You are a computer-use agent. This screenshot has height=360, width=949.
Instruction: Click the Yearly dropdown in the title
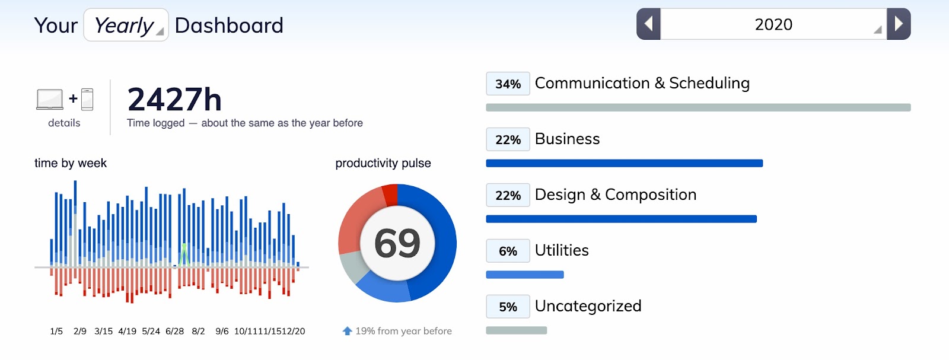[x=126, y=26]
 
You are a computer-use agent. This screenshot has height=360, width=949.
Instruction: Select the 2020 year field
[x=773, y=24]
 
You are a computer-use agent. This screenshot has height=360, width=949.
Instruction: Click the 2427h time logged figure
[x=174, y=99]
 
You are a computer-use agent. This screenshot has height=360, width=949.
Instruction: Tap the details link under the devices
[x=64, y=123]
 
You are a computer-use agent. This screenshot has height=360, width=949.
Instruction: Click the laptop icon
[x=50, y=99]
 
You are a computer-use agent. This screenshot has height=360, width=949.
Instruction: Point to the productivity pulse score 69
[x=397, y=243]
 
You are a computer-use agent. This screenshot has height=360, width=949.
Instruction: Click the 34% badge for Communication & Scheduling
[x=508, y=84]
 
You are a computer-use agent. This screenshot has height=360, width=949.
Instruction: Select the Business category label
[x=567, y=139]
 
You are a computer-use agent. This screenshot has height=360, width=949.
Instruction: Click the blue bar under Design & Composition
[x=621, y=219]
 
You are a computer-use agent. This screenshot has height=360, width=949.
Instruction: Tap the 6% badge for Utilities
[x=508, y=251]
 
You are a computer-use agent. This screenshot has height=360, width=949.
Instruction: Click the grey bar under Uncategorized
[x=516, y=330]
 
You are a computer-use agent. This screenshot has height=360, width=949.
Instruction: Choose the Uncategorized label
[x=588, y=306]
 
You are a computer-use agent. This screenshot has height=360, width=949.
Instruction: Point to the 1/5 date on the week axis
[x=56, y=331]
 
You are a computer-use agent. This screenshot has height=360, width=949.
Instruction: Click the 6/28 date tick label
[x=174, y=331]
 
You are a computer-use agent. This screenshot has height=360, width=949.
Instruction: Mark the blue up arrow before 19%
[x=348, y=331]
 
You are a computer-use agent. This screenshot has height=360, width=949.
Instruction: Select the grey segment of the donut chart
[x=354, y=266]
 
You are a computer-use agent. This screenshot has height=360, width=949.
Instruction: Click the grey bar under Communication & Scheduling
[x=698, y=107]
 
